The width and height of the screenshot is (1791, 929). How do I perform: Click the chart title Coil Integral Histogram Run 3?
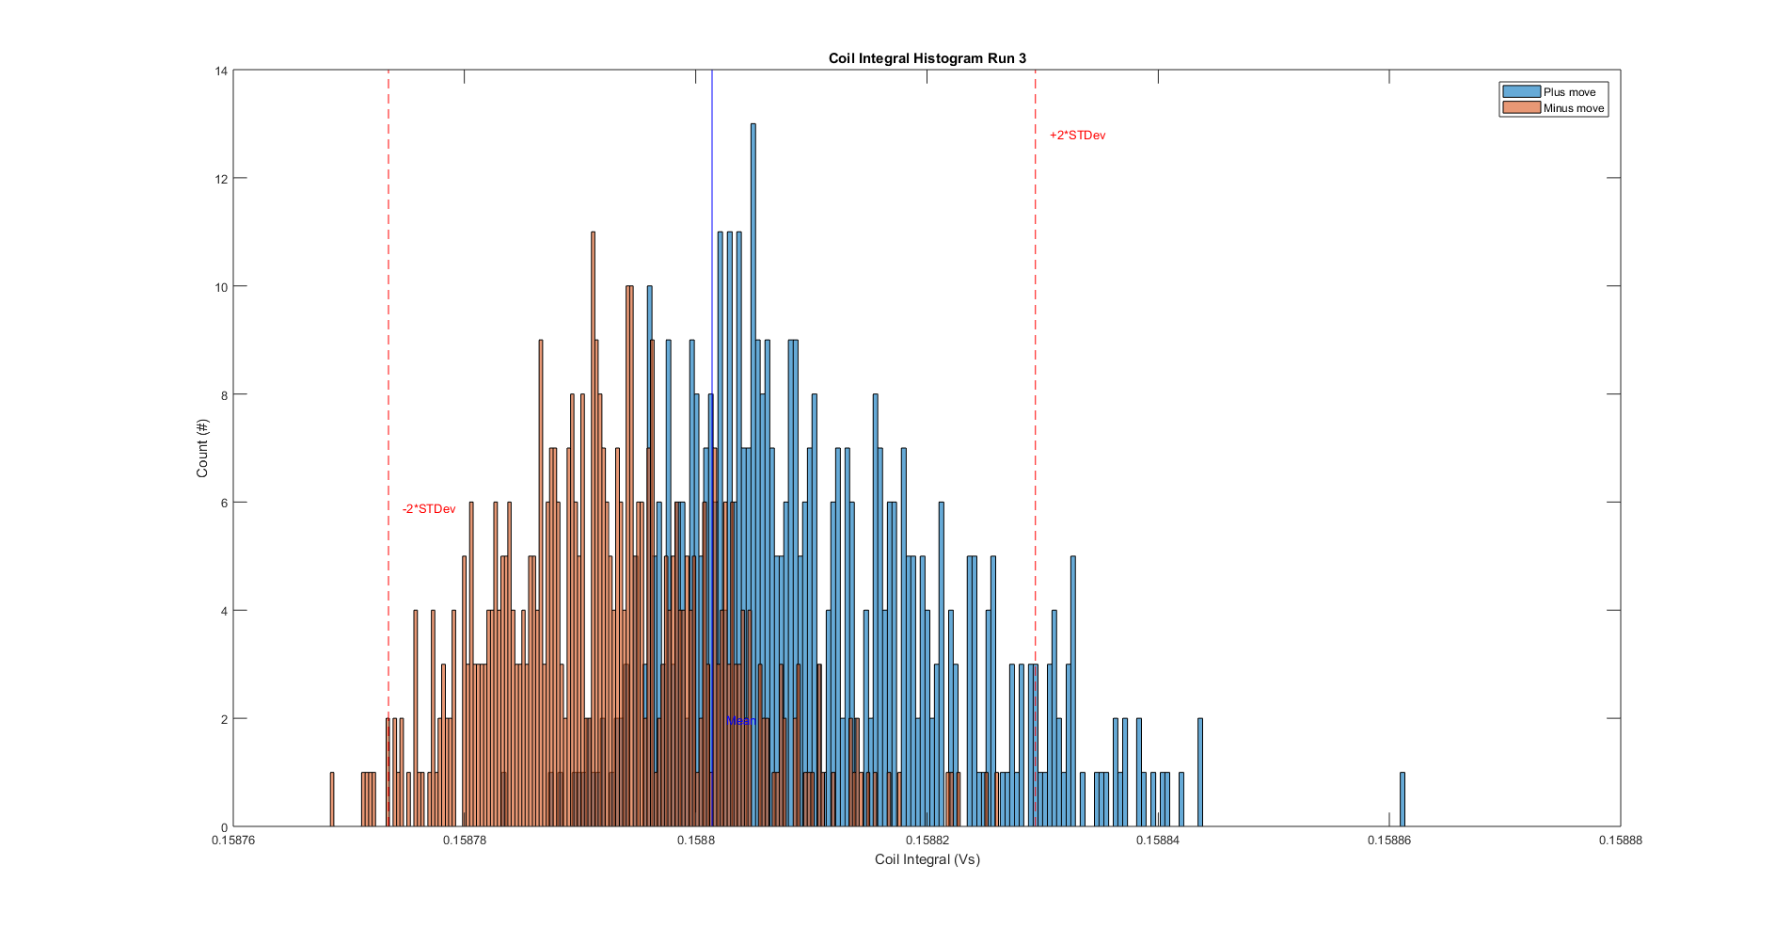tap(927, 58)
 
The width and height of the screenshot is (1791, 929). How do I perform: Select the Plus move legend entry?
tap(1568, 92)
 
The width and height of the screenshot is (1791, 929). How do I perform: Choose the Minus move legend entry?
tap(1573, 108)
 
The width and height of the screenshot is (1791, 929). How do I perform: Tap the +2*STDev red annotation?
tap(1077, 136)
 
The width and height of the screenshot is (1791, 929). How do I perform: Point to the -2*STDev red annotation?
tap(429, 509)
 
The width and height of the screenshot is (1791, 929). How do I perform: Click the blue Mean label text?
tap(741, 721)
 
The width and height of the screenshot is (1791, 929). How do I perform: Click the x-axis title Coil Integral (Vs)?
tap(927, 859)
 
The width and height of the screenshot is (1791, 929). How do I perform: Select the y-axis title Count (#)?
tap(202, 448)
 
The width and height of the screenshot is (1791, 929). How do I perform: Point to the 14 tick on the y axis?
tap(221, 71)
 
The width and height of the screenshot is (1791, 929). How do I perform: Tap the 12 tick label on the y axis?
tap(221, 179)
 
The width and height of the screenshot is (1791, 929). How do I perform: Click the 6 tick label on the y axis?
tap(224, 503)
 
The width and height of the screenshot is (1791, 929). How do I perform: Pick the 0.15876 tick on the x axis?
tap(233, 841)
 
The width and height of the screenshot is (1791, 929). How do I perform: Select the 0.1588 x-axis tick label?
tap(696, 841)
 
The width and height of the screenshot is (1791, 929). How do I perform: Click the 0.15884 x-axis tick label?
tap(1158, 841)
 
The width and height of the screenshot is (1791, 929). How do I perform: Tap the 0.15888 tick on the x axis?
tap(1620, 841)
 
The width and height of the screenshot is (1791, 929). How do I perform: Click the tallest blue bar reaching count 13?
tap(753, 471)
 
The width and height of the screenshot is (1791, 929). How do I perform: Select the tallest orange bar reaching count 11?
tap(593, 527)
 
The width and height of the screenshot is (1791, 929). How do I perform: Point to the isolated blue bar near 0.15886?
tap(1402, 800)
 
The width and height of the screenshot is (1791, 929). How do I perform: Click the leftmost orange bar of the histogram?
tap(332, 800)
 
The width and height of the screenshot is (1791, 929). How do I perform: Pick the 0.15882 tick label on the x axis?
tap(927, 841)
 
